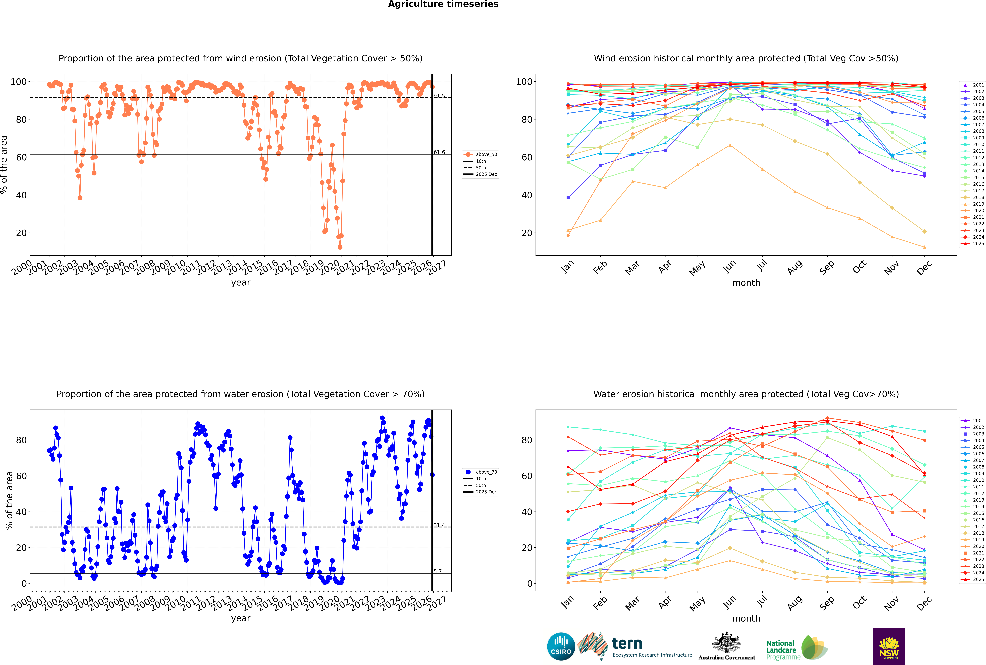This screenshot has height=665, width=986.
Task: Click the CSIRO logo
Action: (x=561, y=646)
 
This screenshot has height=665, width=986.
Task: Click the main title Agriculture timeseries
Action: (x=443, y=4)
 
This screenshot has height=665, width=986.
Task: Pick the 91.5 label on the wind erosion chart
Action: (x=439, y=96)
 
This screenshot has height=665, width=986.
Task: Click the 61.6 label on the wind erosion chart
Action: (x=439, y=152)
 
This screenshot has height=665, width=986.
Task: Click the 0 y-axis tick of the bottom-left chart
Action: (x=24, y=584)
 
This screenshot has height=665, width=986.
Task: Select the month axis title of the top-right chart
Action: (x=746, y=283)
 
